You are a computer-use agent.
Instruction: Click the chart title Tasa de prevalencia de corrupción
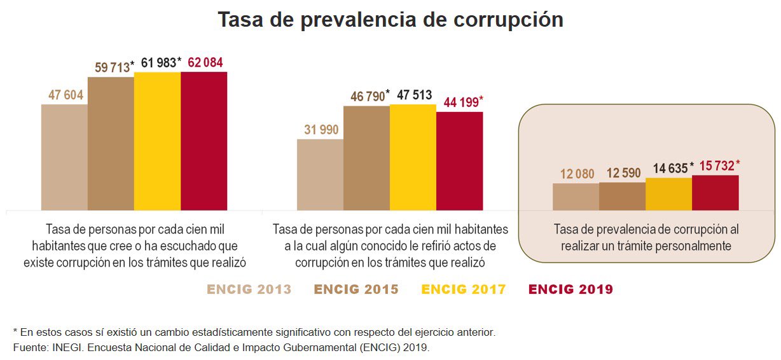390,20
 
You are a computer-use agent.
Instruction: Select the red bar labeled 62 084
204,141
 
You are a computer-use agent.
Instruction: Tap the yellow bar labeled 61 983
158,141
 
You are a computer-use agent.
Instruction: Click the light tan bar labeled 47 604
64,157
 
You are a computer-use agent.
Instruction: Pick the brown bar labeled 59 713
111,144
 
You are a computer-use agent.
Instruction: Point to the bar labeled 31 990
321,175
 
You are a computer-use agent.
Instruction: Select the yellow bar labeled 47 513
413,157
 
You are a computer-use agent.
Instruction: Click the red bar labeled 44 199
459,161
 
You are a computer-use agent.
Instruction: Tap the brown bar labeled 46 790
366,158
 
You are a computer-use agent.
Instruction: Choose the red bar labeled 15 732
715,193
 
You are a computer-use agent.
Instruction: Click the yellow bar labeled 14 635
668,194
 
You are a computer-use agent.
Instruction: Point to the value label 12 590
623,173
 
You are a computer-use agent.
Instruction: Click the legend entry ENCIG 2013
249,290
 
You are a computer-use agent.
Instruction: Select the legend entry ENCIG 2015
356,290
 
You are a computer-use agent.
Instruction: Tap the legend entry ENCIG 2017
464,290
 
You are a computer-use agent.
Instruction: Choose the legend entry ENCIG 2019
570,290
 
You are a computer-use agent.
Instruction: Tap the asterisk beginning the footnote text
15,332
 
